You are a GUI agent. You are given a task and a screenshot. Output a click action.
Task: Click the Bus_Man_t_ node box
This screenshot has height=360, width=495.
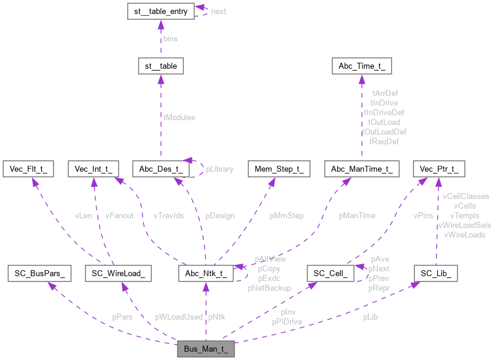[205, 349]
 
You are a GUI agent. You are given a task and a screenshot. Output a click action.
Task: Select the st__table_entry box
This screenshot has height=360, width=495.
[160, 11]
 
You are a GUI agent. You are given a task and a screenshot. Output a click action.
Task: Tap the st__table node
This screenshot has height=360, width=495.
[160, 66]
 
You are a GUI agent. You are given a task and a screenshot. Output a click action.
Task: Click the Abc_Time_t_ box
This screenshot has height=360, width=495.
[362, 66]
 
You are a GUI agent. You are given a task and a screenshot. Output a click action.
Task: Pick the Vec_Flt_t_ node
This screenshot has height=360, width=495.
[28, 169]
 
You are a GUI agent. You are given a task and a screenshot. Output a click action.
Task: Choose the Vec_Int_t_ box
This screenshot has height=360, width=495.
[93, 169]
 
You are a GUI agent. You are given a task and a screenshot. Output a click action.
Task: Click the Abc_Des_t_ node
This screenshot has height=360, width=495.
[160, 169]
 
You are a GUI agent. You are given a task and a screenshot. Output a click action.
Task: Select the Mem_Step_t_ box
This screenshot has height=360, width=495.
[279, 169]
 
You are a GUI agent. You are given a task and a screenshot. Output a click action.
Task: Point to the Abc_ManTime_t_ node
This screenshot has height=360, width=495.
[362, 169]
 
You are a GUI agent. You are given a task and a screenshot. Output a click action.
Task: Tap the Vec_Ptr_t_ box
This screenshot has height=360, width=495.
[438, 169]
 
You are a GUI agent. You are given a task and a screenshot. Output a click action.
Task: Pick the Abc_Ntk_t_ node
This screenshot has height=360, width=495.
[206, 274]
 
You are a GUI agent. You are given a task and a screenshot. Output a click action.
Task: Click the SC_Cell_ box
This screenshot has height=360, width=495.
[329, 274]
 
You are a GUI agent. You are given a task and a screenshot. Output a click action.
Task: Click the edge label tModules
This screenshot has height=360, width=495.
[179, 118]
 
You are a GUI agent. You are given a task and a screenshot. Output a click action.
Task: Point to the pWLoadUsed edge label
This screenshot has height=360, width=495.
[178, 317]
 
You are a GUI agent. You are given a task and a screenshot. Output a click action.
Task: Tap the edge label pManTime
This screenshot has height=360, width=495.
[356, 215]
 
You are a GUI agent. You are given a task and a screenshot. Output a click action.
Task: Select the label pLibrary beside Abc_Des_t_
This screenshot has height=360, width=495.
[219, 169]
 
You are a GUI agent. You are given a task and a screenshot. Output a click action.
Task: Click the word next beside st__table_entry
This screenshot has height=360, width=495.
[218, 11]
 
